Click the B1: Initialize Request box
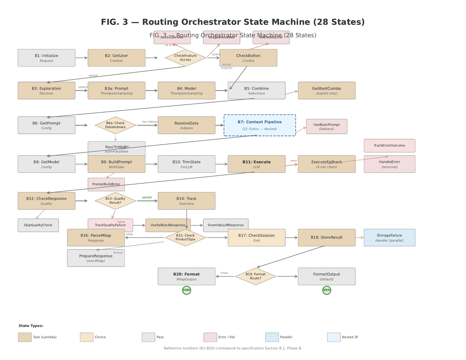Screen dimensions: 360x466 tap(47, 58)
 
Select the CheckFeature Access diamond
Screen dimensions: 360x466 tap(185, 58)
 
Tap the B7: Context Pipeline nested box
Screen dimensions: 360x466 tap(260, 125)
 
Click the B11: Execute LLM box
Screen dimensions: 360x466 tap(256, 164)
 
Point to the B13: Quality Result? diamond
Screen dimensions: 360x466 tap(115, 201)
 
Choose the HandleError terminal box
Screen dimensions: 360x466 tap(389, 164)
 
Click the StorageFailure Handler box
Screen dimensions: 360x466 tap(389, 238)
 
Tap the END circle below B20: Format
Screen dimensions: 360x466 tap(186, 290)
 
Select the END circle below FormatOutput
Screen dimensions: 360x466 tap(327, 290)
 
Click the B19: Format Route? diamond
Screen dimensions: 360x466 tap(255, 276)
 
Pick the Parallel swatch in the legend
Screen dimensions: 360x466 tap(272, 337)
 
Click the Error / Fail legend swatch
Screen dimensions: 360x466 tap(210, 337)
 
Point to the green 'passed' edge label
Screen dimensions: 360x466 tap(147, 197)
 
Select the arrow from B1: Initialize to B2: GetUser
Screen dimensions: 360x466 tap(82, 58)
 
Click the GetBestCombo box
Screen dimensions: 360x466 tap(327, 91)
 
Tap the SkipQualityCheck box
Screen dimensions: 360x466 tap(38, 225)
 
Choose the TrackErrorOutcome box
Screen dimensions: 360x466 tap(389, 146)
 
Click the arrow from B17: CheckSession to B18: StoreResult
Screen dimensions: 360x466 tap(292, 238)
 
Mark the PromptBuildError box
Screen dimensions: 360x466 tap(106, 184)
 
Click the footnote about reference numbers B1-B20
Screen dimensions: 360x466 tap(233, 348)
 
